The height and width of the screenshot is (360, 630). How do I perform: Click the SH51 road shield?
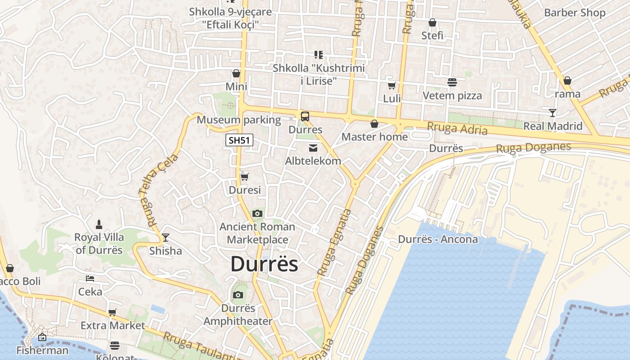[x=239, y=140]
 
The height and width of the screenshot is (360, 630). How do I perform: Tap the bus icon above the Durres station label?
[x=305, y=117]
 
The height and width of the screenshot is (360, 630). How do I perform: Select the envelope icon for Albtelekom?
[x=313, y=148]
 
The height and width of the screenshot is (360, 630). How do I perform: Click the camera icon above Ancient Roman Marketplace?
[x=257, y=213]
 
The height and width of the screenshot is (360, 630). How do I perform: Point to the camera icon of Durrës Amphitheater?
[x=238, y=295]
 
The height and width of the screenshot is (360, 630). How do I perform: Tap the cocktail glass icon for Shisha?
[x=166, y=237]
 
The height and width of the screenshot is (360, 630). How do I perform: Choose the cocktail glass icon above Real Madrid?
[x=553, y=112]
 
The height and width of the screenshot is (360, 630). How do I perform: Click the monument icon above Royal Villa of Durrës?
[x=99, y=224]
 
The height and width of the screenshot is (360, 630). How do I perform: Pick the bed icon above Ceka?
[x=90, y=279]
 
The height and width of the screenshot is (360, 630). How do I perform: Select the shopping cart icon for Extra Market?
[x=112, y=312]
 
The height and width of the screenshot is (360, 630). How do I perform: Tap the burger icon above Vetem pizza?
[x=452, y=82]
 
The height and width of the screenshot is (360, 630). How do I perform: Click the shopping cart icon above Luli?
[x=392, y=85]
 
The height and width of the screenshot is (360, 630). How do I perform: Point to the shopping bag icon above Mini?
[x=236, y=73]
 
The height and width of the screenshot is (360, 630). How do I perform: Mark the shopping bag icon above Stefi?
[x=432, y=22]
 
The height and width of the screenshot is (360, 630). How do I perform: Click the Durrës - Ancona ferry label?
[x=438, y=239]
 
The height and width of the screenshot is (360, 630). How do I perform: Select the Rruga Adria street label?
[x=457, y=129]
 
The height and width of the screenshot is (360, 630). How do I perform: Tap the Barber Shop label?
[x=575, y=13]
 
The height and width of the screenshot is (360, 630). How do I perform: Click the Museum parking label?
[x=238, y=120]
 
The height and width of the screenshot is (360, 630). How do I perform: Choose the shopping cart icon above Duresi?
[x=244, y=177]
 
